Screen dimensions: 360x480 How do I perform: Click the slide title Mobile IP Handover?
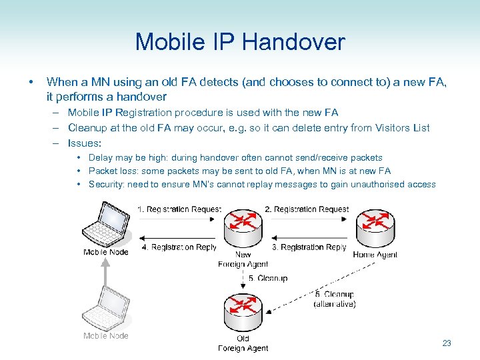[240, 43]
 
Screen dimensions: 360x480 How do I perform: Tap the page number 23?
[447, 343]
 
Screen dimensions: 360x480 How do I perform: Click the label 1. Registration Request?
[179, 209]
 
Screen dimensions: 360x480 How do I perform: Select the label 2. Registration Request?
[307, 209]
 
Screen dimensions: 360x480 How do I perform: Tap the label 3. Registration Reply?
[309, 247]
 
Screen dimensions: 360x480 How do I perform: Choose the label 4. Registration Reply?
[179, 247]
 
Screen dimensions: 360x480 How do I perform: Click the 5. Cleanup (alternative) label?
[334, 299]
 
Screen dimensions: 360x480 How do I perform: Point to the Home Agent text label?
[375, 255]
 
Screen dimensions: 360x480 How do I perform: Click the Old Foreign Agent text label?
[243, 343]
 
